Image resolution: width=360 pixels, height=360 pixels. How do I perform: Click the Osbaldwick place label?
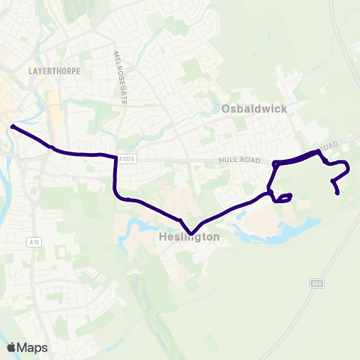click(x=254, y=109)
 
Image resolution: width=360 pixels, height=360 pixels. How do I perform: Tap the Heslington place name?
click(x=190, y=237)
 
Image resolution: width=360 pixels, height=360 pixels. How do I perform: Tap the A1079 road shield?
click(x=126, y=158)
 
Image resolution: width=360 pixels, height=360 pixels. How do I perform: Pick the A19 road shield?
click(x=34, y=242)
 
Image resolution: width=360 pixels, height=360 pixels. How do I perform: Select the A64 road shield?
click(x=316, y=283)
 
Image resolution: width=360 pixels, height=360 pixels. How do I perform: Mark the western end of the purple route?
click(x=13, y=126)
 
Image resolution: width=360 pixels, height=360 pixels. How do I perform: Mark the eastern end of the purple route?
click(x=338, y=193)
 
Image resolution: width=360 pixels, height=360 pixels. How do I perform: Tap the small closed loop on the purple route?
click(x=283, y=198)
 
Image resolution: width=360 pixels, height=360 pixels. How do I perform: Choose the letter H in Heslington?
click(x=163, y=237)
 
